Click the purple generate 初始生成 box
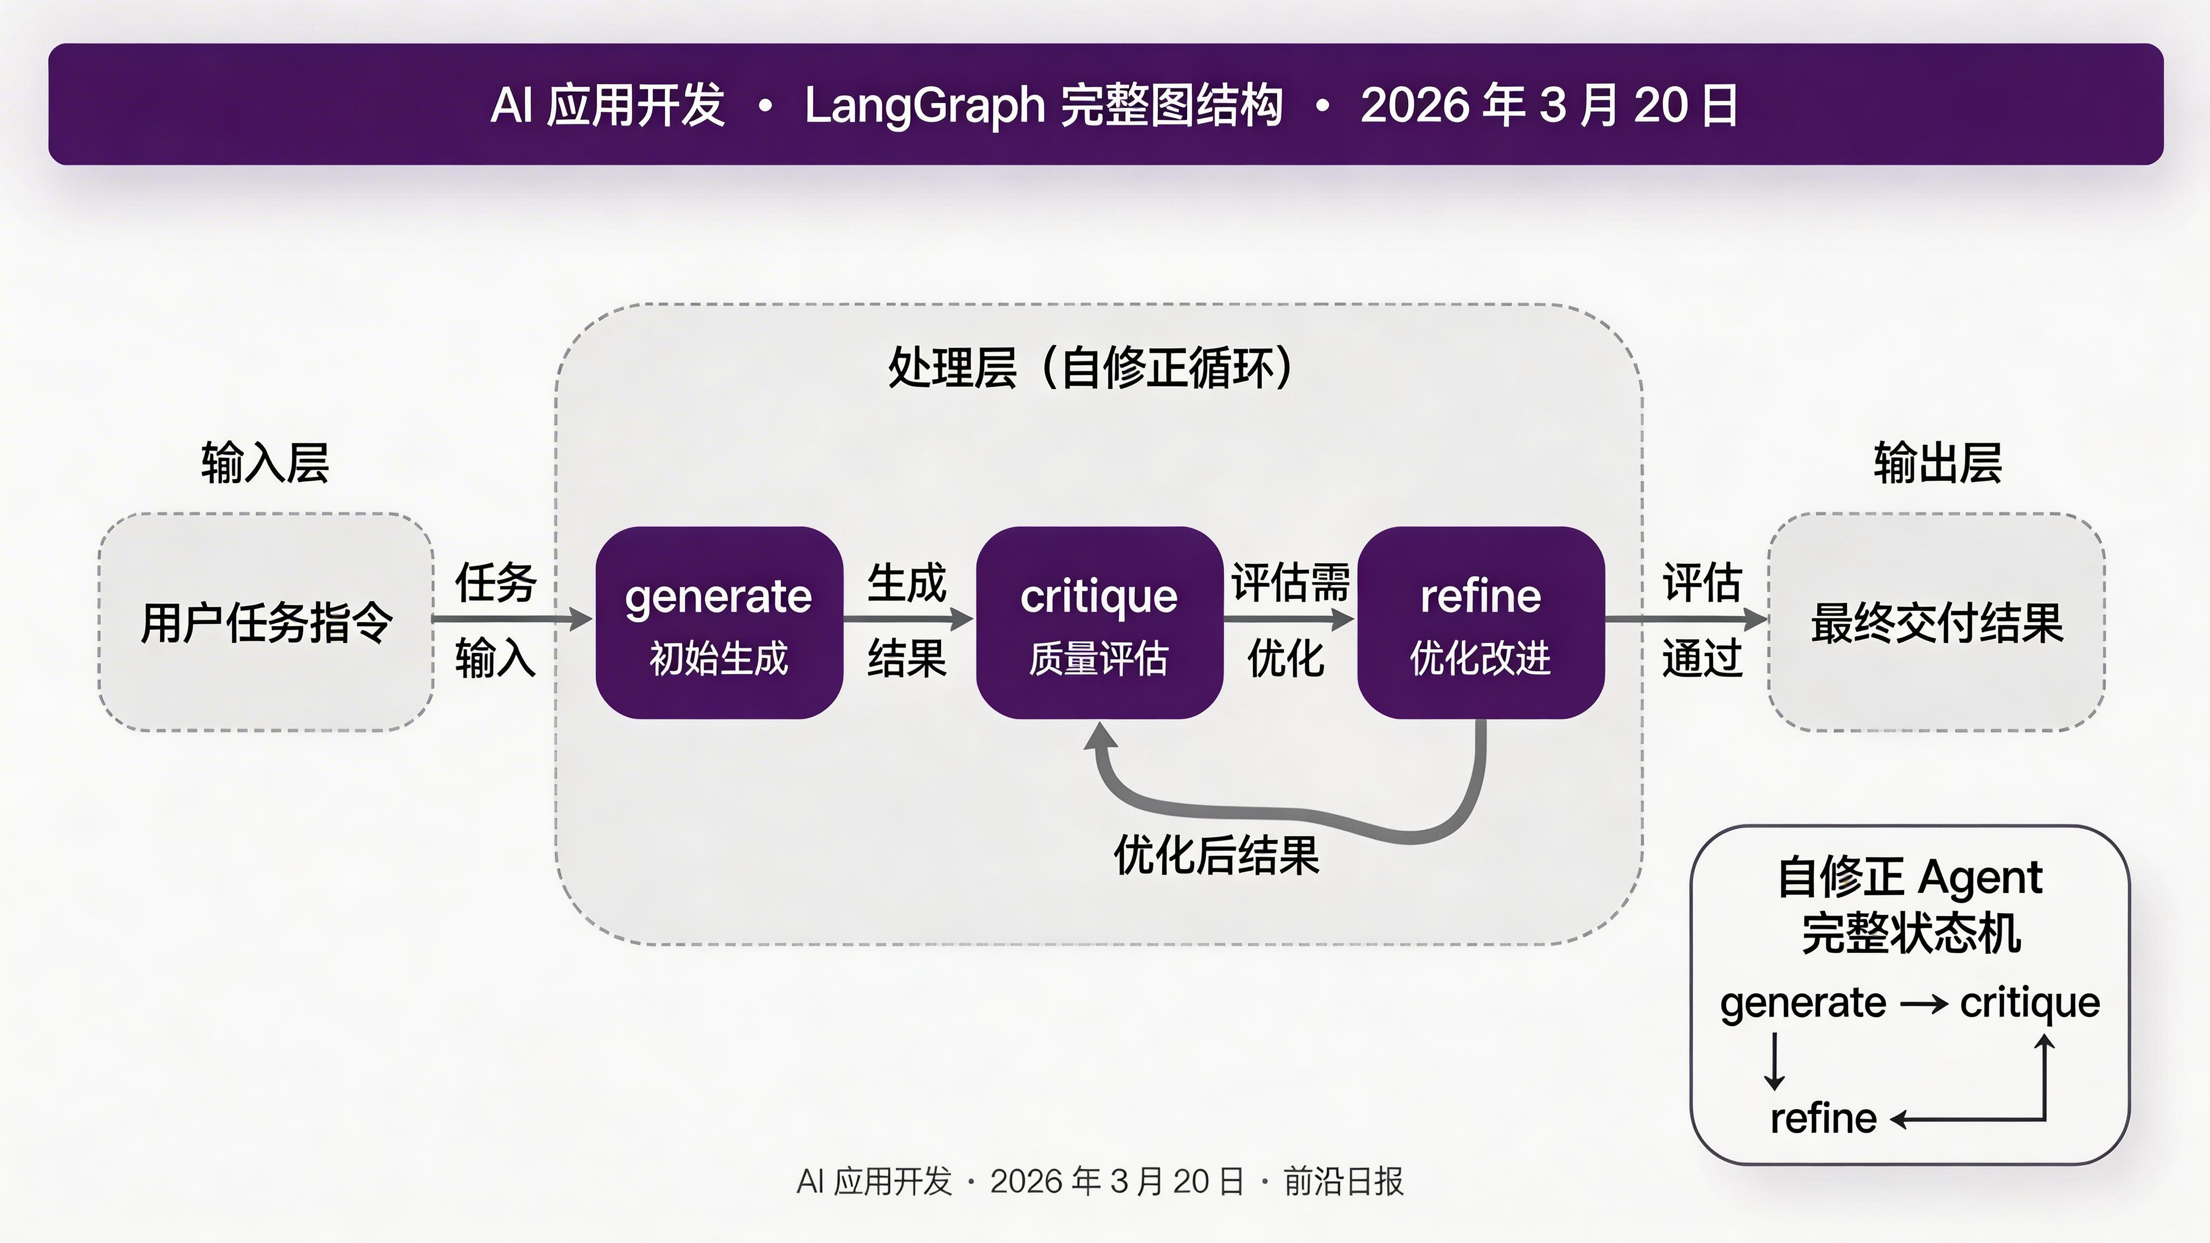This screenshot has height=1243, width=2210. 719,622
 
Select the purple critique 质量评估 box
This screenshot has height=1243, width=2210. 1099,622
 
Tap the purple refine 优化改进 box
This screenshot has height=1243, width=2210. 1480,622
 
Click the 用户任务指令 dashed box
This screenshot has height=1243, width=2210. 266,622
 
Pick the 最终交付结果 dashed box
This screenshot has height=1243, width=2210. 1936,622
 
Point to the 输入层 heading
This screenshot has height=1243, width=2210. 265,463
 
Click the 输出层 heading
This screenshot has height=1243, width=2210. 1937,463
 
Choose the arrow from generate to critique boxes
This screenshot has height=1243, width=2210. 908,618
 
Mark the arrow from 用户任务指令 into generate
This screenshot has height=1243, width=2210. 512,618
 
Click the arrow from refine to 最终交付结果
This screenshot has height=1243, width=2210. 1686,618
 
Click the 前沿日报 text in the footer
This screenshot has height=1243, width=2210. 1343,1181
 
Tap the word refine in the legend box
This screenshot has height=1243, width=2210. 1823,1118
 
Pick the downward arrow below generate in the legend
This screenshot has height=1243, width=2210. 1774,1062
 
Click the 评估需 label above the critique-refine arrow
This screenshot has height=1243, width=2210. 1290,583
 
